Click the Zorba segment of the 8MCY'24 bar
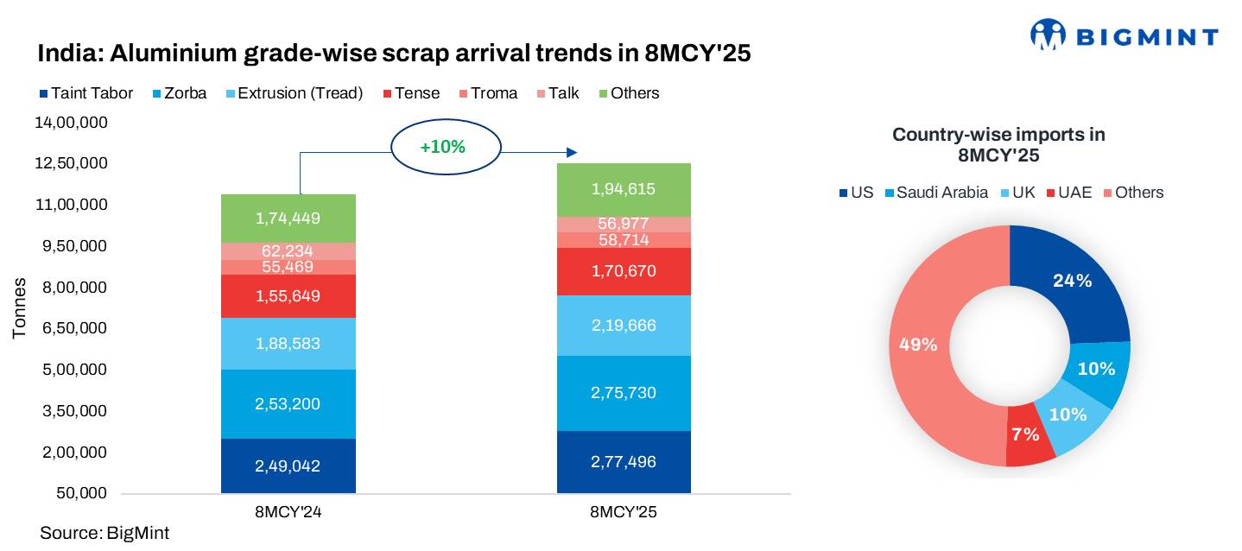288,403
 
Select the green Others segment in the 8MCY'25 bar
624,190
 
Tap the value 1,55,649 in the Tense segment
288,296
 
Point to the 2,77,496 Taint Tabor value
624,462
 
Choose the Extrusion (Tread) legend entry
300,93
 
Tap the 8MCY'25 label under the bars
624,512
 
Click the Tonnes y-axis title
19,308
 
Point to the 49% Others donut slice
918,345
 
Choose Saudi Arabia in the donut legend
941,193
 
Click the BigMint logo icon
1049,35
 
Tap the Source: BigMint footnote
105,533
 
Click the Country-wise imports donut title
998,145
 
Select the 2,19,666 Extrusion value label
624,326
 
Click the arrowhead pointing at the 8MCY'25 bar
571,153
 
